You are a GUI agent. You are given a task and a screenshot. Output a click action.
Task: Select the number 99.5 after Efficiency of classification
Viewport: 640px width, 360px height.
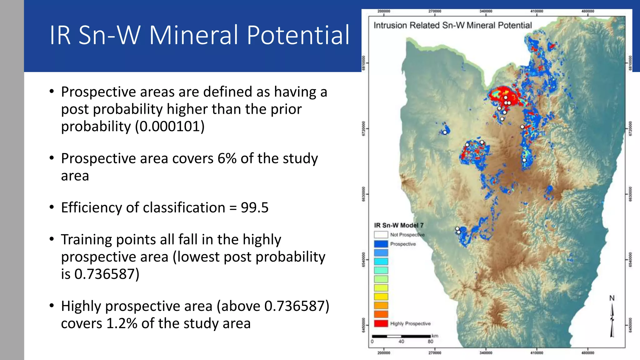click(x=254, y=208)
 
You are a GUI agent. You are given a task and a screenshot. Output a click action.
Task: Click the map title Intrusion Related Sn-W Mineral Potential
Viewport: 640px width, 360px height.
click(x=452, y=25)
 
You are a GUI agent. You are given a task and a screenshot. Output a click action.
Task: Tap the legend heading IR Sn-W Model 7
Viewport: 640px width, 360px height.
click(x=399, y=225)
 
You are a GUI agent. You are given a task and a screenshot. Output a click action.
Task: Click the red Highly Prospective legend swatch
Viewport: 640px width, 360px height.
click(x=381, y=323)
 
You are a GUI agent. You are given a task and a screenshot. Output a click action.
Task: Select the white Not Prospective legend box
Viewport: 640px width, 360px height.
click(x=381, y=235)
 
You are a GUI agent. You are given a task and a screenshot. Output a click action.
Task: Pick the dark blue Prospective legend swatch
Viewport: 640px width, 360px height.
click(x=381, y=244)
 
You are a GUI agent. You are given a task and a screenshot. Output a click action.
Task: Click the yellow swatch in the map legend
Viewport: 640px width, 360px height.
click(x=381, y=297)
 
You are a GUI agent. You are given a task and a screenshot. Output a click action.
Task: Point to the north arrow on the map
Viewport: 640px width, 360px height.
click(x=612, y=319)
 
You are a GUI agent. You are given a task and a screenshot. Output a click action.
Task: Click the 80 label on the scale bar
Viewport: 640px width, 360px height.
click(x=430, y=342)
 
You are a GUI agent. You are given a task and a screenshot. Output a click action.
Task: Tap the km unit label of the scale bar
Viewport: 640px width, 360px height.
click(x=435, y=336)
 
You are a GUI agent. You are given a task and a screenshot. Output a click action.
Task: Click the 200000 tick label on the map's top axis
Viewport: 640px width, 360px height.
click(x=384, y=11)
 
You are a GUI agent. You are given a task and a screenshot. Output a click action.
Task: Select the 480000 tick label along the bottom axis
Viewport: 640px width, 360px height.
click(x=587, y=353)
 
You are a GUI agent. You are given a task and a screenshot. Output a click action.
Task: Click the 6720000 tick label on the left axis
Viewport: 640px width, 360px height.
click(x=363, y=128)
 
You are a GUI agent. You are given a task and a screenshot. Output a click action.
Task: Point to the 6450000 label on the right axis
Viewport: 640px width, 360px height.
click(x=630, y=325)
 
